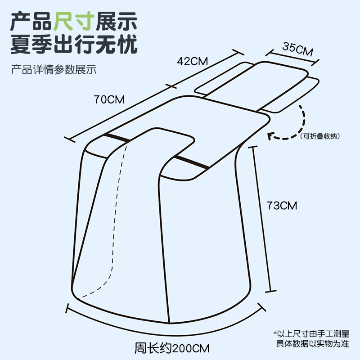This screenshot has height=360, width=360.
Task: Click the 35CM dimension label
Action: pos(297,49)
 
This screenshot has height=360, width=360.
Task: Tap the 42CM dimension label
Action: pos(190,62)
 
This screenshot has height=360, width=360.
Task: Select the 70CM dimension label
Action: pos(109,99)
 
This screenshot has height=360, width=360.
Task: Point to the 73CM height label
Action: pos(282,206)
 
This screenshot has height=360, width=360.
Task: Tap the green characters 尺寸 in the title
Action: pos(74,21)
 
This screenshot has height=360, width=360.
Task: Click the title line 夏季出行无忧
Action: pos(74,45)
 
